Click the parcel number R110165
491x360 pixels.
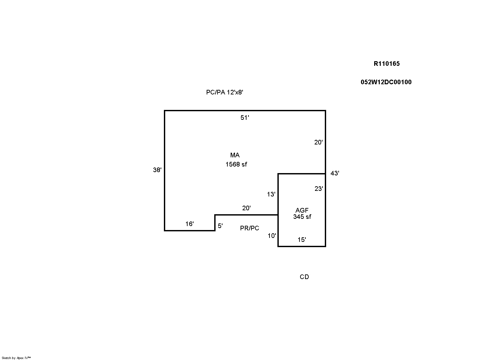[x=387, y=64]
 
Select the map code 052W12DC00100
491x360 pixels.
[x=386, y=82]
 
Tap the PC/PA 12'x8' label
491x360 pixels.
[x=225, y=92]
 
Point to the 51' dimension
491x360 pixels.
[x=245, y=118]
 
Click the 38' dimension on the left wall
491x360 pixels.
[x=157, y=170]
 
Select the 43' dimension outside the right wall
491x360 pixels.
[x=335, y=173]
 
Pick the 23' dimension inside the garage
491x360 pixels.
[x=319, y=189]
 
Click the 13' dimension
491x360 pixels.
[x=271, y=194]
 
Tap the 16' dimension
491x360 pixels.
[x=190, y=224]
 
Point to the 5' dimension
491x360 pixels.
[x=220, y=226]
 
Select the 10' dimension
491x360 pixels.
[x=272, y=236]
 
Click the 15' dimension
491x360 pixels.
[x=302, y=240]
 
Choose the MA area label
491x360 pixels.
[x=235, y=155]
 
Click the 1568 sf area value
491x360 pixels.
[x=236, y=165]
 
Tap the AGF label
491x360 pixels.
[x=302, y=211]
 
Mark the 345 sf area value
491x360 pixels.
[x=302, y=217]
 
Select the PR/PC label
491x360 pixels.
[x=249, y=228]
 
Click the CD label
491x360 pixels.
[x=304, y=277]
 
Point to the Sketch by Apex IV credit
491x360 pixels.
[x=16, y=358]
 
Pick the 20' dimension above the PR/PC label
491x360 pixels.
[x=246, y=208]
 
